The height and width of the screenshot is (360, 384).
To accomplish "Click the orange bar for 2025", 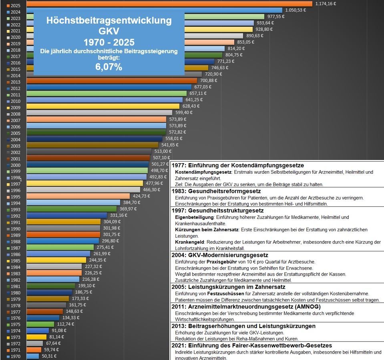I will (168, 4).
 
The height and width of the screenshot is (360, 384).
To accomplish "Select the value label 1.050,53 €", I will (296, 10).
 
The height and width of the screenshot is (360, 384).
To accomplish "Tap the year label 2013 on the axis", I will (16, 82).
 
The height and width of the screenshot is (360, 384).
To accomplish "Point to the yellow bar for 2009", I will (103, 106).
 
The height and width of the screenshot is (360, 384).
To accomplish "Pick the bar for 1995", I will (78, 196).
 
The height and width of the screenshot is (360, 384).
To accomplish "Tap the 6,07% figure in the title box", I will (109, 67).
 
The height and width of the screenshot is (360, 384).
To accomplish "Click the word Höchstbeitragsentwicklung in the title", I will (109, 20).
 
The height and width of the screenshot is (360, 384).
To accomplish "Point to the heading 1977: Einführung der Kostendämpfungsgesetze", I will (238, 165).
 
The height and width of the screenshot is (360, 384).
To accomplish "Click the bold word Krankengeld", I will (190, 242).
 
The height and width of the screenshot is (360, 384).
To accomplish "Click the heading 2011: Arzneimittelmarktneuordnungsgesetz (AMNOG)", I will (246, 306).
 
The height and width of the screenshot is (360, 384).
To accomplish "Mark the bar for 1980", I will (50, 292).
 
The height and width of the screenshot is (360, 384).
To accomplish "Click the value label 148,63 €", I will (74, 311).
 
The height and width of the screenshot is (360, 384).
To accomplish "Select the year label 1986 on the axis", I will (16, 254).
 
